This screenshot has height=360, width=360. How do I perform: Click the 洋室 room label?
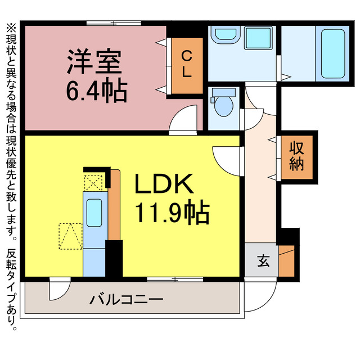tap(94, 62)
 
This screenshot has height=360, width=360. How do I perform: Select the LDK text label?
tap(164, 184)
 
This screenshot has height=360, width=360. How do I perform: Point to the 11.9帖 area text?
tap(171, 212)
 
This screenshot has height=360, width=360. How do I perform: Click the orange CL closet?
tap(186, 65)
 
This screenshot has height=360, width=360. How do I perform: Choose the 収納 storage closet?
tap(296, 156)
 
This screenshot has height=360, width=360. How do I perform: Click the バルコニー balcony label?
tap(127, 299)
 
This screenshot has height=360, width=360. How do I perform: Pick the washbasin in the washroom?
tap(226, 36)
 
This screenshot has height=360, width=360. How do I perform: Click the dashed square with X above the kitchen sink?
tap(93, 182)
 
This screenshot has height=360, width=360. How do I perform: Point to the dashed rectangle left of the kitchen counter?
tap(71, 236)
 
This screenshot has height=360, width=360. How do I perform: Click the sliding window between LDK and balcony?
tap(175, 278)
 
